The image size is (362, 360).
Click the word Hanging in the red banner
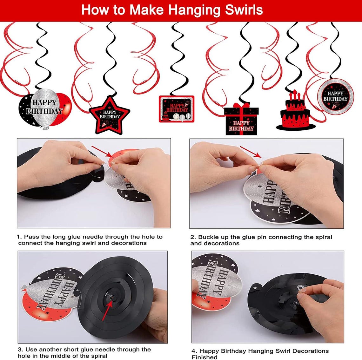(187, 10)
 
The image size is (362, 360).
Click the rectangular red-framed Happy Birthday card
(177, 109)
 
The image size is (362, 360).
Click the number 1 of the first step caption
(18, 237)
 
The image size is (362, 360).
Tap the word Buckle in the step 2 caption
(209, 237)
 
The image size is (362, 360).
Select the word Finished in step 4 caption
(204, 357)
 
